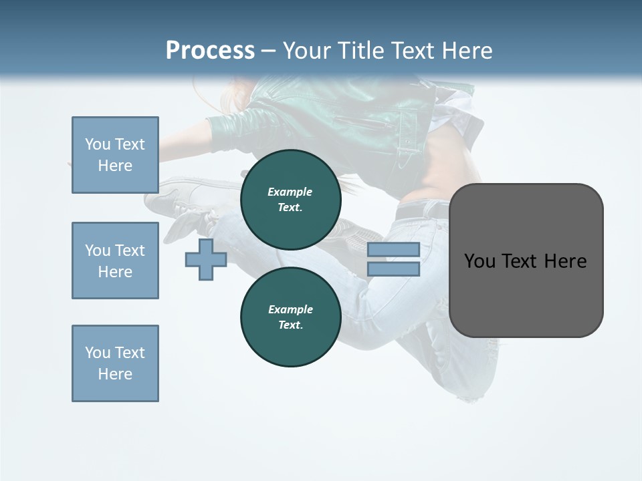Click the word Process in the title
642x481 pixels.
[x=210, y=51]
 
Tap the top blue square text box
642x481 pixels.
[x=115, y=155]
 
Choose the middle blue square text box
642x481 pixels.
[x=115, y=261]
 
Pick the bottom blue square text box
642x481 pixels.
[x=115, y=363]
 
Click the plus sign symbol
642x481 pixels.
[x=206, y=259]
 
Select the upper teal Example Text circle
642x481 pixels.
[x=290, y=200]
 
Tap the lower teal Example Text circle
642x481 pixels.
[x=290, y=317]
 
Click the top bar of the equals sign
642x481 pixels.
[x=393, y=249]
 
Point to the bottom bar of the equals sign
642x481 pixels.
[x=393, y=269]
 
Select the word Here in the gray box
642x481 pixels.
[x=565, y=261]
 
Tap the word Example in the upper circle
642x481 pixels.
[x=290, y=192]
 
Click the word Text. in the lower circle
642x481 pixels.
[x=290, y=325]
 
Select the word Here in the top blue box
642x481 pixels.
[x=115, y=166]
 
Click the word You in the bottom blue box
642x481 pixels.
[x=98, y=353]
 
